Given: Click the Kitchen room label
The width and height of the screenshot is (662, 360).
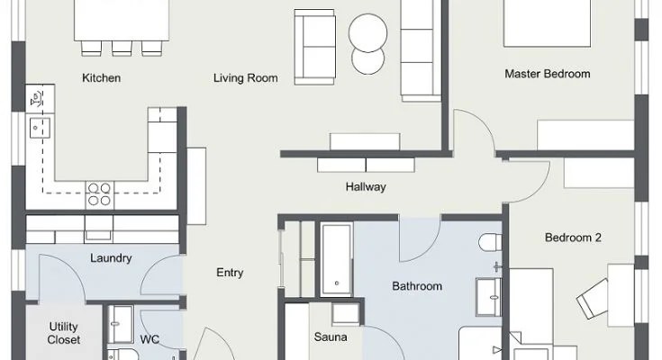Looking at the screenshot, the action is tap(101, 78).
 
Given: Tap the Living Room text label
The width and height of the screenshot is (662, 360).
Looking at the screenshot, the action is tap(245, 78).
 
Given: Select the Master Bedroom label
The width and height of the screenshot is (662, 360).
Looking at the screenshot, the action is tap(548, 74).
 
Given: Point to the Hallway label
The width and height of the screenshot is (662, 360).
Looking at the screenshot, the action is tap(366, 187).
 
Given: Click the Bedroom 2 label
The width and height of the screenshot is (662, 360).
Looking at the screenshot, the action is tap(573, 238).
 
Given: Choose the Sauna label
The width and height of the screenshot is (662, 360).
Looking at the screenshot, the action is tap(331, 337).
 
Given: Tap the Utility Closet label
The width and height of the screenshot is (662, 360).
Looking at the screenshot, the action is tap(63, 333).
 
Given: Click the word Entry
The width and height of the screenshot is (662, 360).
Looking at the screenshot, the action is tap(230, 273).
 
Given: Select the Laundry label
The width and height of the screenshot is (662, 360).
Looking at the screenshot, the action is tap(111, 258).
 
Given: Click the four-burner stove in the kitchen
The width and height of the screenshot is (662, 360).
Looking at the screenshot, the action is tap(100, 194).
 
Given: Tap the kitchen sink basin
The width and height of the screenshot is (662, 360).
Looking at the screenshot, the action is tap(40, 128).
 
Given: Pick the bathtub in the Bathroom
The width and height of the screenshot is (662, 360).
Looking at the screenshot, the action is tap(337, 259).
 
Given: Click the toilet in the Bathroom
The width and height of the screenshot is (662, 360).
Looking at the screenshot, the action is tap(490, 243).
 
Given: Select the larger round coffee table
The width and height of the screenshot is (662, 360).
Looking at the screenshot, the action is tap(367, 33).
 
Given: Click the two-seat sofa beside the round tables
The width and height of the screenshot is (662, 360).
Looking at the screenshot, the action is tap(315, 47).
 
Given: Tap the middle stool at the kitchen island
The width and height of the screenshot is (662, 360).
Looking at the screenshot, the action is tap(122, 48).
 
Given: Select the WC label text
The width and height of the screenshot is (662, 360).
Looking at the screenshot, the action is tap(150, 339).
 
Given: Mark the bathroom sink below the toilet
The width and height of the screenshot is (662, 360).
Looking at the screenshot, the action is tap(488, 297).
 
